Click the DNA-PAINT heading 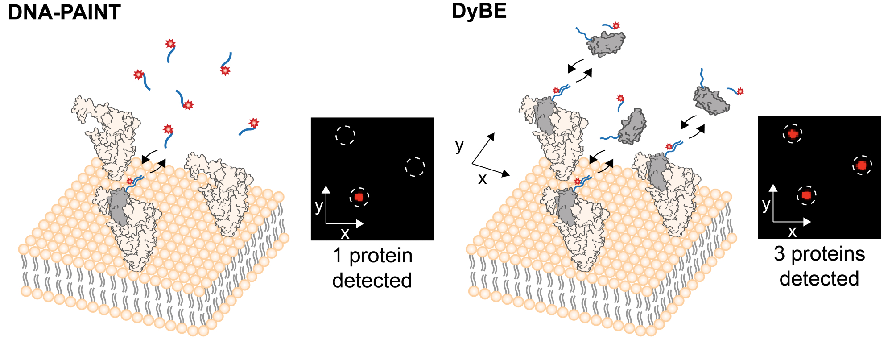[x=64, y=12]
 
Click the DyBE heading [x=479, y=11]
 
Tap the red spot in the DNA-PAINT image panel [x=359, y=197]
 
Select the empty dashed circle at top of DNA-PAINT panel [x=345, y=135]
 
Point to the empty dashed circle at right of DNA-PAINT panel [x=415, y=167]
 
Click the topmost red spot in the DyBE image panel [x=793, y=133]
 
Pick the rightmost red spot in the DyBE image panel [x=862, y=166]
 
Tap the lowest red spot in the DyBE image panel [x=806, y=195]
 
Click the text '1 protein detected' [x=372, y=268]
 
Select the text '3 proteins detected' [x=819, y=266]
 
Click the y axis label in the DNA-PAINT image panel [x=318, y=206]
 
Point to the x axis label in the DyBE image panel [x=792, y=232]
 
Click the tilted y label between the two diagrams [x=459, y=145]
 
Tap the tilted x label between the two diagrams [x=482, y=179]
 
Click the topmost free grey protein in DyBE [x=607, y=44]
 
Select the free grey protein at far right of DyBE [x=711, y=101]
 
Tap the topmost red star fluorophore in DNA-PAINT [x=170, y=44]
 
